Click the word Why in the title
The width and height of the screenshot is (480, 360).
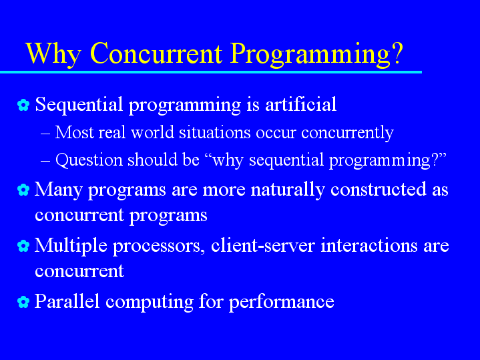click(53, 54)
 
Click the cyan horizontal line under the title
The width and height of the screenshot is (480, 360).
click(211, 72)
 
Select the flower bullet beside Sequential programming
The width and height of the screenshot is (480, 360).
click(23, 105)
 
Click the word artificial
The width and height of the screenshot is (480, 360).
click(301, 104)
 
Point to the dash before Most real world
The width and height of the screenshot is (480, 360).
click(45, 134)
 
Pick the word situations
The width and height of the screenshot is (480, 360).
click(214, 132)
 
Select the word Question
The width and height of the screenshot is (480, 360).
click(89, 160)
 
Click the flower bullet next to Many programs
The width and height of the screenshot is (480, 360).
click(23, 190)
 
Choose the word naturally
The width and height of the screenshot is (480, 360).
click(288, 190)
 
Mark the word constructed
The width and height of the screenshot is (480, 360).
click(379, 189)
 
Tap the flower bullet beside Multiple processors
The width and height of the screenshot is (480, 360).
click(23, 246)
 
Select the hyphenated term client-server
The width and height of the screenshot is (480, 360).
click(262, 245)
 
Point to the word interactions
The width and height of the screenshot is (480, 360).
click(369, 245)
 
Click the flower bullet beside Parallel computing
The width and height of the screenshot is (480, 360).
click(23, 302)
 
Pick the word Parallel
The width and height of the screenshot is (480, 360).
click(67, 301)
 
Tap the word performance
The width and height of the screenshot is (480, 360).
click(281, 303)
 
